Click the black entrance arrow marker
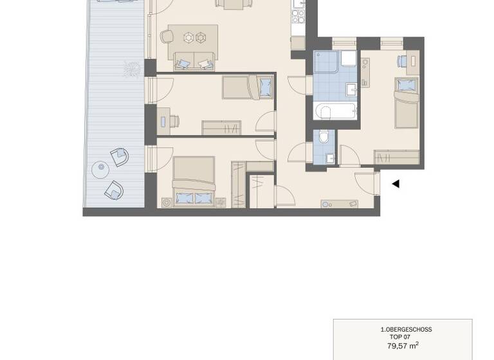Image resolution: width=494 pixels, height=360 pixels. (396, 184)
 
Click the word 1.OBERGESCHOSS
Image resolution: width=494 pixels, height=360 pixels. (406, 329)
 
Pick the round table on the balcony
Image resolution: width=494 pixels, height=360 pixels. (100, 170)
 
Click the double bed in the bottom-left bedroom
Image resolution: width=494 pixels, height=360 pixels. (194, 182)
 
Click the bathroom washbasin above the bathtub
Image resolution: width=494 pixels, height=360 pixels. (351, 89)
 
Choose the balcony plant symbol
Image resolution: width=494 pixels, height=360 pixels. (132, 69)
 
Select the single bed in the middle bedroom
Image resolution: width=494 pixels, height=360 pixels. (248, 87)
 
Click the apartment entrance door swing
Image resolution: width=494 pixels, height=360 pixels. (366, 183)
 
